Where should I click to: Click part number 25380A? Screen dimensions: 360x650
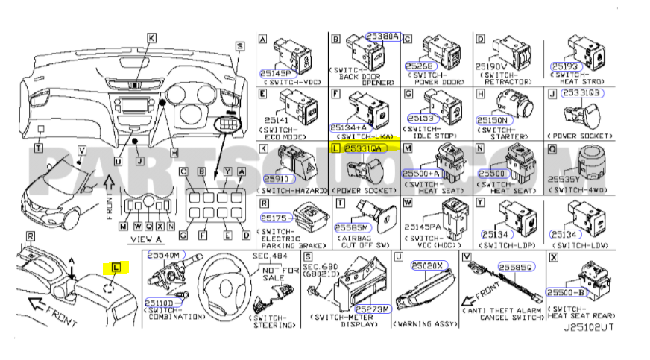pos(382,36)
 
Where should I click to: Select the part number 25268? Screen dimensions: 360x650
pos(418,66)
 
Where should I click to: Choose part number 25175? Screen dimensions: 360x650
pos(274,218)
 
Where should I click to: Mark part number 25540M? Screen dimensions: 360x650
pos(163,255)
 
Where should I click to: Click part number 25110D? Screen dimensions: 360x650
pos(160,302)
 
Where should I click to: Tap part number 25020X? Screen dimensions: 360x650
pos(429,265)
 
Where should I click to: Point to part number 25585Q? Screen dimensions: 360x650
pos(516,265)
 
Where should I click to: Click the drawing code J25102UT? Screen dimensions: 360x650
pos(589,326)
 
